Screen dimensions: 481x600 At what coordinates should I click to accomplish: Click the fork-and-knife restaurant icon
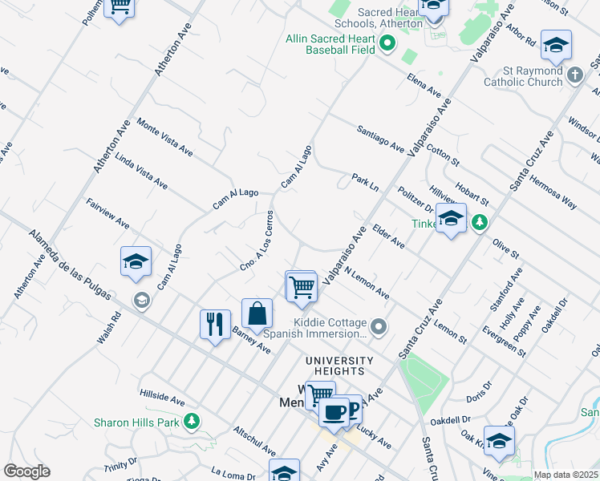(x=214, y=325)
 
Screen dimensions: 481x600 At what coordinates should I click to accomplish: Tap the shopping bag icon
(x=256, y=314)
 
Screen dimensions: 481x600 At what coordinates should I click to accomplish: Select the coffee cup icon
(x=333, y=412)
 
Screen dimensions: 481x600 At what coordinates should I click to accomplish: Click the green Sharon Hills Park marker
(x=191, y=421)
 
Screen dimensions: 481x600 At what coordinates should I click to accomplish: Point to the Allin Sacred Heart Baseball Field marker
(x=387, y=43)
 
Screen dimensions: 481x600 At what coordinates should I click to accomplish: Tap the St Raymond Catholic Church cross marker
(x=574, y=75)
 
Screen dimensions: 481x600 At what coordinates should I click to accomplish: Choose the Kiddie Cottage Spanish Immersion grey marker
(x=379, y=326)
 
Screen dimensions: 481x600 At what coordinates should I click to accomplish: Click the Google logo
(x=26, y=471)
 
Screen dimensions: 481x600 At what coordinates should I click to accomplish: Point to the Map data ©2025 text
(x=566, y=475)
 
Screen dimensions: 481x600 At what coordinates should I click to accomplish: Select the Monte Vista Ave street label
(x=164, y=137)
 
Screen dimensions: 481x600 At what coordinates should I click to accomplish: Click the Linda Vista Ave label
(x=141, y=171)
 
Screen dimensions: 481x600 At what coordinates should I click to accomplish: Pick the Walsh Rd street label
(x=109, y=328)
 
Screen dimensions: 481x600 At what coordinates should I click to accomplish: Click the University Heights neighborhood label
(x=338, y=366)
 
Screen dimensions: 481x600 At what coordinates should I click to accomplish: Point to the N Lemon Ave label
(x=367, y=284)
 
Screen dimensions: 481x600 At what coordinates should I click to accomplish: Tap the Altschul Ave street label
(x=254, y=442)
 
